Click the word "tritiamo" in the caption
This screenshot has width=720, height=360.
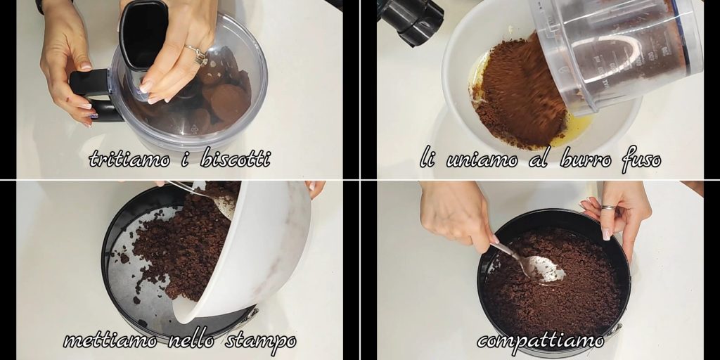(129, 158)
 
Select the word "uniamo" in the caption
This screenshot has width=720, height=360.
(482, 160)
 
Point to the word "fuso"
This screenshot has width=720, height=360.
(641, 160)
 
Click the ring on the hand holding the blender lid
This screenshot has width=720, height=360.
(197, 53)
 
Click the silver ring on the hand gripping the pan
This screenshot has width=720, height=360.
(609, 208)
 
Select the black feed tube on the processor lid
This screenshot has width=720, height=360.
(143, 37)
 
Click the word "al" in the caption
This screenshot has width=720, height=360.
(538, 159)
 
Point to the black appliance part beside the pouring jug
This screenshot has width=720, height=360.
(410, 20)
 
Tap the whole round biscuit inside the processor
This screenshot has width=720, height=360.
(230, 103)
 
